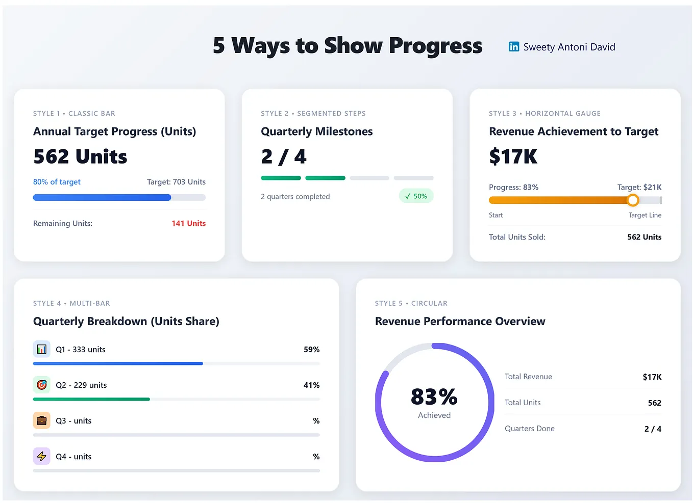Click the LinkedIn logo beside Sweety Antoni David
point(513,47)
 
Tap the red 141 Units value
point(188,223)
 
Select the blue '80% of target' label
point(57,182)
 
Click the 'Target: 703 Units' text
point(176,182)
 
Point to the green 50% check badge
point(416,196)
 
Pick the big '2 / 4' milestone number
point(284,156)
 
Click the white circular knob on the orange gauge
point(633,200)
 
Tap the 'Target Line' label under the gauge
point(645,215)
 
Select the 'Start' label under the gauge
point(496,215)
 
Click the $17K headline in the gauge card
point(513,156)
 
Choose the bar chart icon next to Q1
point(42,349)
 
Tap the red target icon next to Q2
point(42,385)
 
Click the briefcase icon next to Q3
point(42,420)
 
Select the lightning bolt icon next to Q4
point(42,456)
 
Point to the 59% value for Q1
point(311,350)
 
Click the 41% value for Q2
point(311,385)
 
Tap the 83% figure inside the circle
point(434,396)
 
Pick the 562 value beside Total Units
point(654,403)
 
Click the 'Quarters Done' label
point(529,429)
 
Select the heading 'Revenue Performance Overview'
point(460,321)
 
